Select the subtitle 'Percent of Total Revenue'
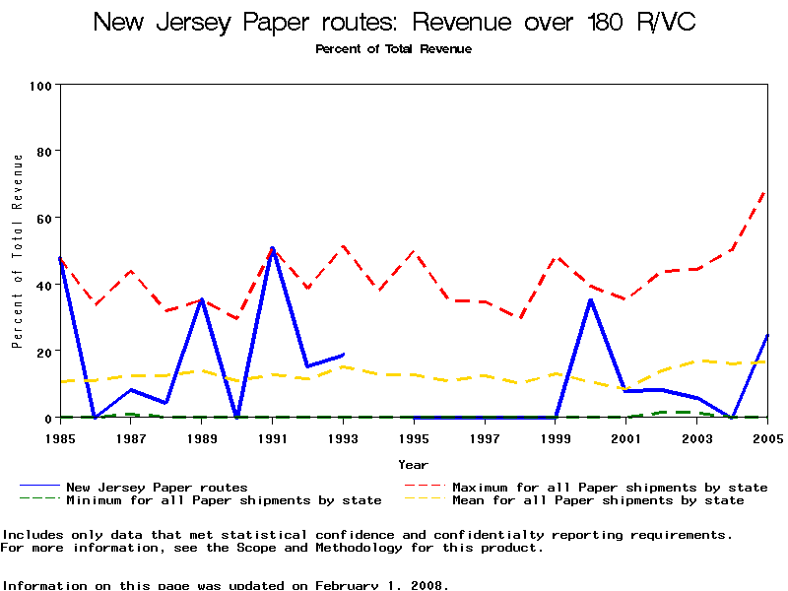(x=393, y=49)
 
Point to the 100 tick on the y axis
(x=39, y=86)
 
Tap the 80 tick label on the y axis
(x=43, y=152)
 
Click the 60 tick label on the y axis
(x=43, y=218)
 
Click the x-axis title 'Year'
(x=414, y=464)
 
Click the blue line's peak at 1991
(x=272, y=248)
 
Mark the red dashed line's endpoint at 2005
(x=766, y=190)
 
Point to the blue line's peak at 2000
(x=590, y=299)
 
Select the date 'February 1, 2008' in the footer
(x=382, y=585)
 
